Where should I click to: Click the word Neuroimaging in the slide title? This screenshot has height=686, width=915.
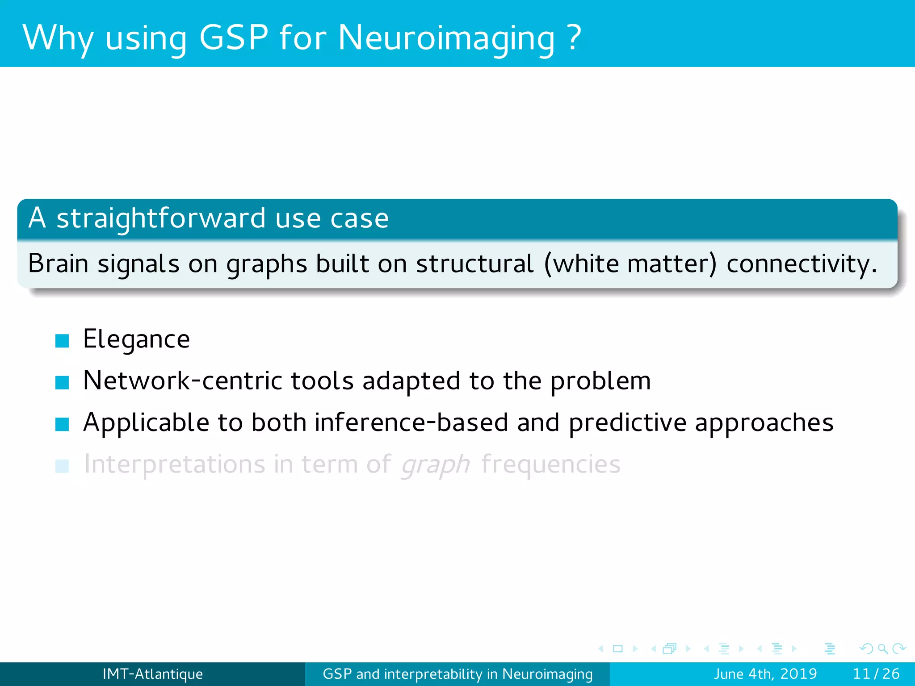click(446, 38)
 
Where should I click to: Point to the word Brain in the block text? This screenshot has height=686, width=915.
click(58, 264)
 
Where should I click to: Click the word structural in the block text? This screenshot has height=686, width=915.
click(474, 264)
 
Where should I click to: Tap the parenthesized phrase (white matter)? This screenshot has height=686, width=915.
click(630, 264)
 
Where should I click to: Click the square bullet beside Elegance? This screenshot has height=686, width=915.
click(62, 341)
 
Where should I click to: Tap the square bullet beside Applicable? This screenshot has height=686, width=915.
click(62, 424)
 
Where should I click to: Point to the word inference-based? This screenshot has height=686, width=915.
click(411, 422)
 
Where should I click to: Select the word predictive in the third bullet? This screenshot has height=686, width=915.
click(627, 422)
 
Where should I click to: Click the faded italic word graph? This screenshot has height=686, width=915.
click(435, 465)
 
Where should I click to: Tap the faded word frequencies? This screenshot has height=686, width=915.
click(551, 464)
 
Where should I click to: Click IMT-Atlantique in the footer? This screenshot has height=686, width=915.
click(152, 674)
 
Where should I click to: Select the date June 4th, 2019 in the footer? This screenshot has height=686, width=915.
click(765, 674)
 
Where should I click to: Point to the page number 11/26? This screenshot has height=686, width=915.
click(876, 674)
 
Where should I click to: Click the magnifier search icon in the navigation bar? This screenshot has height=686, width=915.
click(882, 648)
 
